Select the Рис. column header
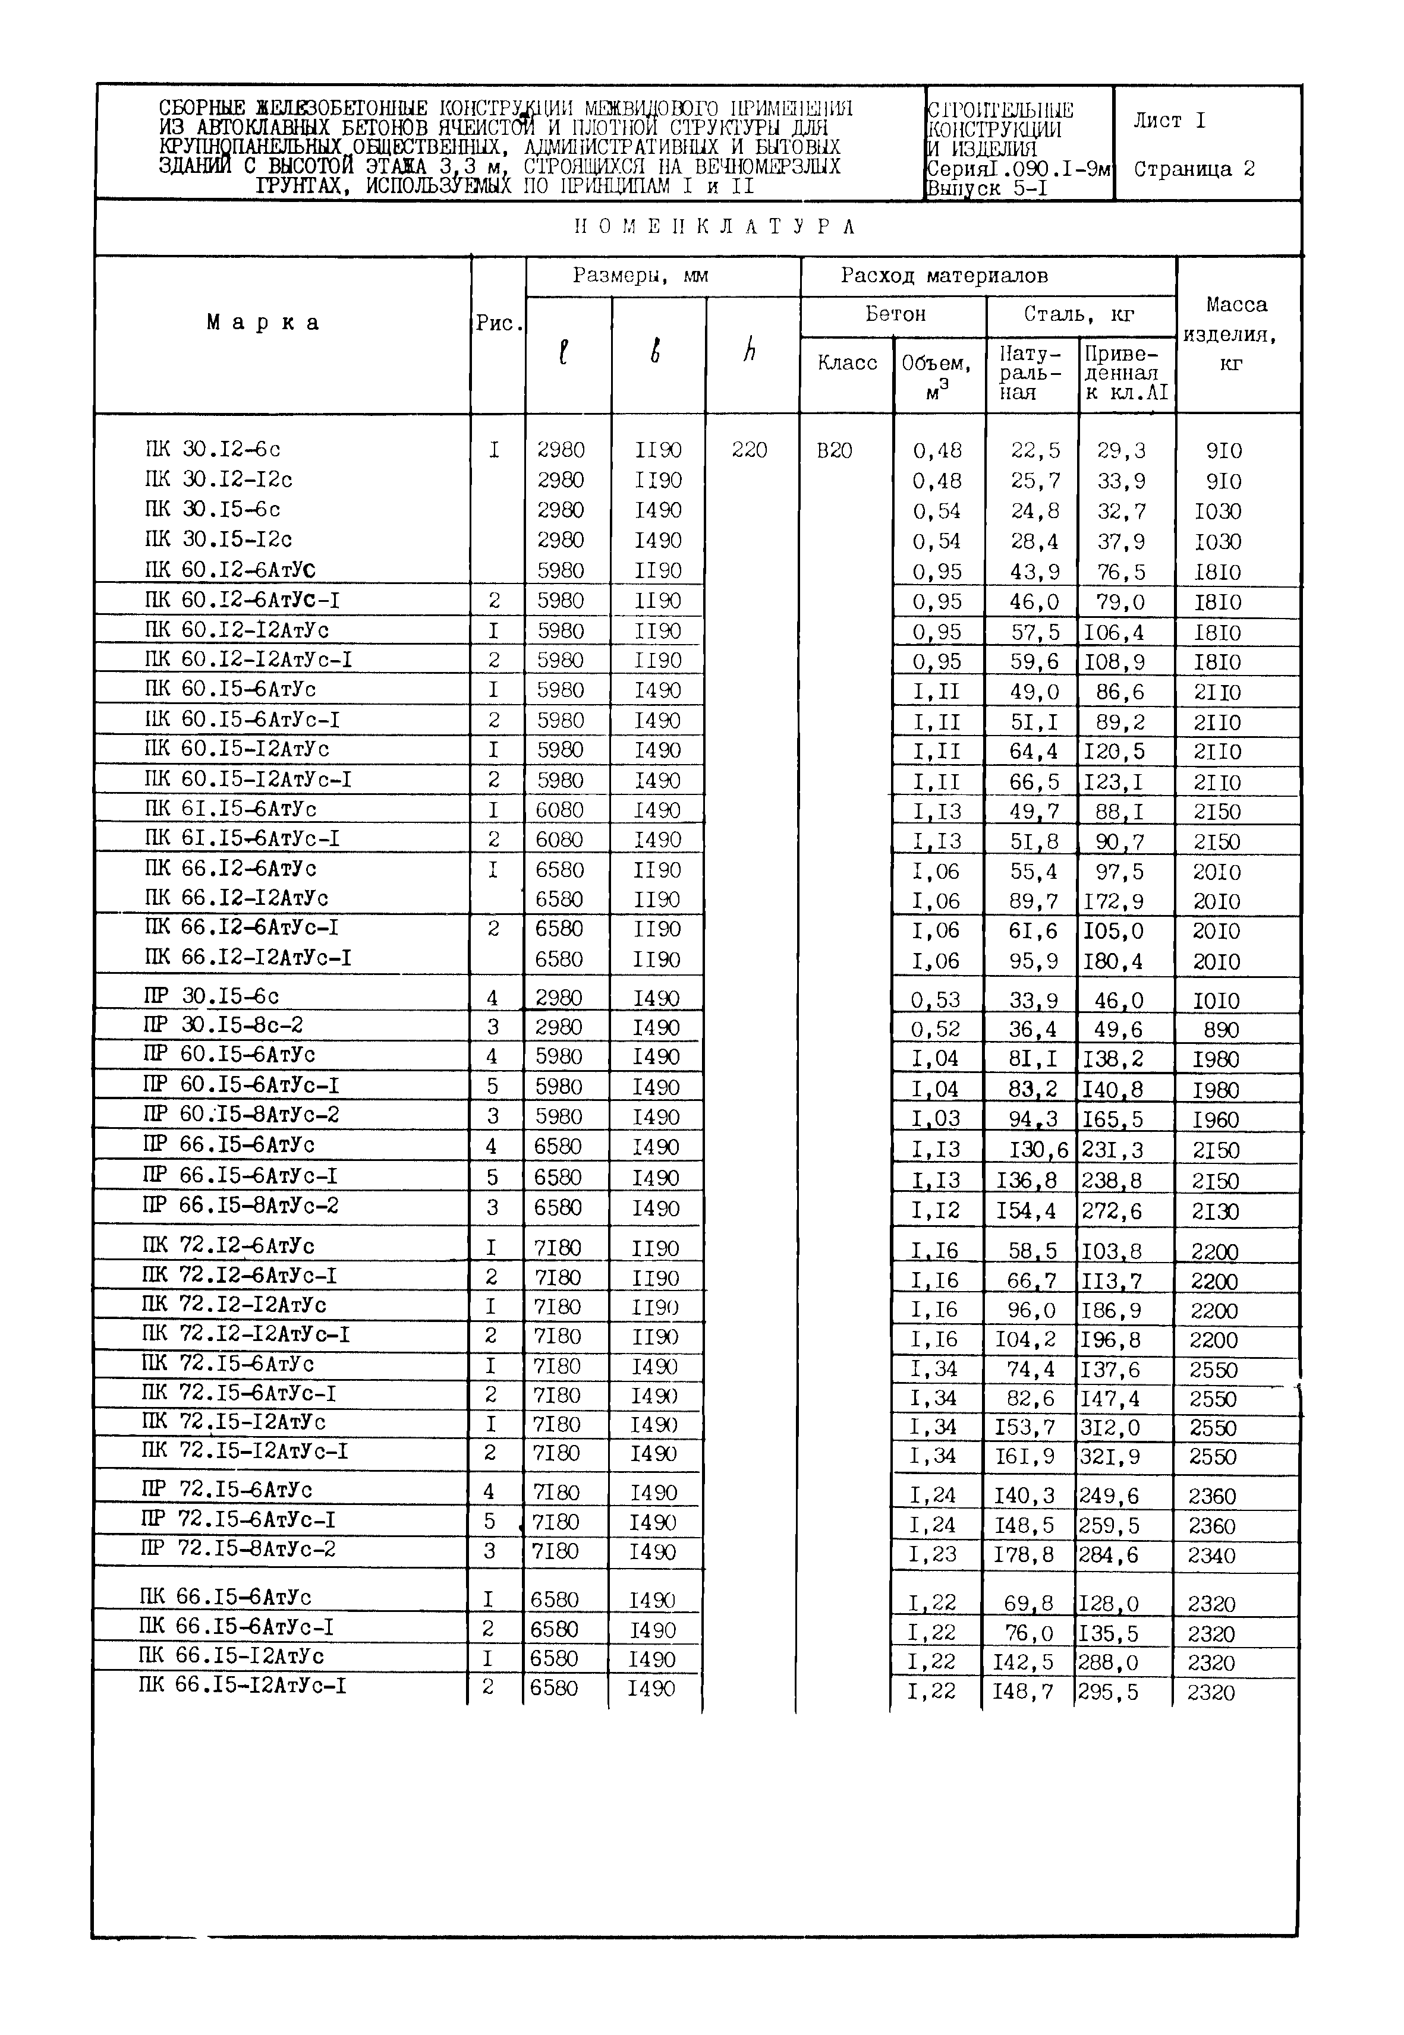tap(499, 324)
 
